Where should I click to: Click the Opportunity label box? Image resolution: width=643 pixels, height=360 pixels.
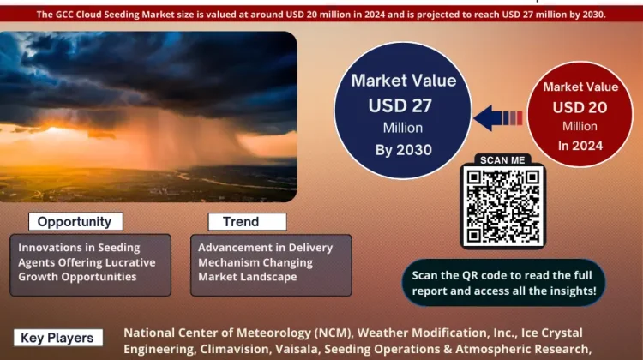coord(75,221)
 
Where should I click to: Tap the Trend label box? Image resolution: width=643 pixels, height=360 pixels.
coord(247,222)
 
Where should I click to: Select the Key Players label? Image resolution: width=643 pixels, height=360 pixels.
coord(57,338)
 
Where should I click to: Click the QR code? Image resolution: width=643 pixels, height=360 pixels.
coord(502,206)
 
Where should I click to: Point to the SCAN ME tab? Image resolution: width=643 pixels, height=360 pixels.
coord(502,160)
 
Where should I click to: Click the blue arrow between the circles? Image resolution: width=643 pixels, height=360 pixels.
coord(497,118)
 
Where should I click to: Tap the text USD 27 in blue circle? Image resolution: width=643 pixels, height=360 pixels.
coord(400,105)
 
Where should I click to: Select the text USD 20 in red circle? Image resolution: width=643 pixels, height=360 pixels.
coord(580,107)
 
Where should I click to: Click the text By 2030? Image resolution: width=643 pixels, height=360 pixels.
coord(404,150)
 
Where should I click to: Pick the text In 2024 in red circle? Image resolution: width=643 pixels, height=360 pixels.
coord(580,146)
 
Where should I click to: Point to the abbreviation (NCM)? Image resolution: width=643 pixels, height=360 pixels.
coord(333,333)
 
